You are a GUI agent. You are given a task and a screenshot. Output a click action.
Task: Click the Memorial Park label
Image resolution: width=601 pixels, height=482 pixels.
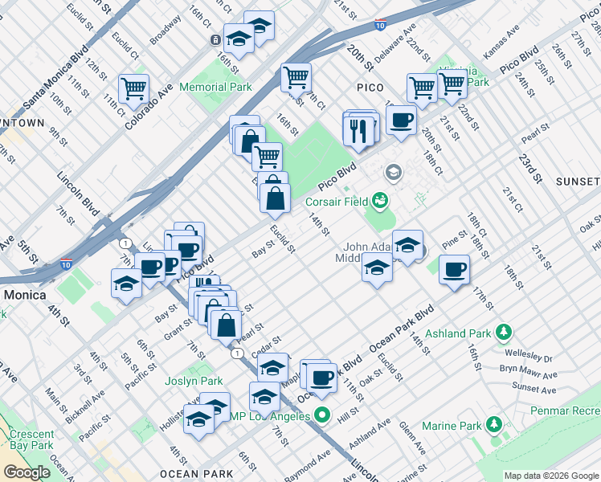click(215, 87)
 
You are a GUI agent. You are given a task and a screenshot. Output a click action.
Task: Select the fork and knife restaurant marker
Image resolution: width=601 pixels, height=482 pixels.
click(360, 129)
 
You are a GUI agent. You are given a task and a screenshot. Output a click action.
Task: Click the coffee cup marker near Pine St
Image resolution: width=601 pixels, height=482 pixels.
click(455, 268)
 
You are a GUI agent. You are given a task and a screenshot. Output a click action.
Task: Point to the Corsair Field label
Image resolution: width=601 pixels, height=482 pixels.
click(336, 203)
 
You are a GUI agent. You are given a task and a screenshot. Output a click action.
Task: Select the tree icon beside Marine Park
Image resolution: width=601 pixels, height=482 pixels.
click(496, 423)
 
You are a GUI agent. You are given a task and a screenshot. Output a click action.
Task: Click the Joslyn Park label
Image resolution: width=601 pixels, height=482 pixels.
click(194, 381)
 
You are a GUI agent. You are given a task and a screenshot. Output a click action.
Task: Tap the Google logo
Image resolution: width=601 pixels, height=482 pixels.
click(27, 472)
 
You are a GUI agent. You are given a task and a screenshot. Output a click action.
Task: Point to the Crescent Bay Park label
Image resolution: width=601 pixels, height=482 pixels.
click(27, 439)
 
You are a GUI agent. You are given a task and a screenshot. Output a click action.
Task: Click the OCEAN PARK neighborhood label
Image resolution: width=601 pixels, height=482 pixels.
click(197, 474)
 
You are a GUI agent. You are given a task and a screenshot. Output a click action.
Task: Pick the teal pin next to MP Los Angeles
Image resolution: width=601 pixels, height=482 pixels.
click(322, 415)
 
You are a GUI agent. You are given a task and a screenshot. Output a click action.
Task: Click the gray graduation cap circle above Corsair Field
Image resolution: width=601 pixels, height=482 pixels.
click(393, 172)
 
